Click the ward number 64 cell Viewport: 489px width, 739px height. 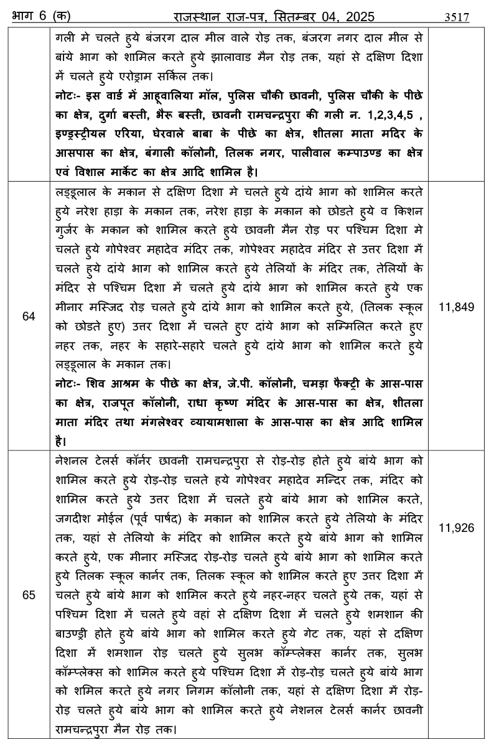click(x=29, y=316)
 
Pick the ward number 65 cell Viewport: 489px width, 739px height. click(x=29, y=595)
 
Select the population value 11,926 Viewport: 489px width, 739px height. click(x=457, y=528)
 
